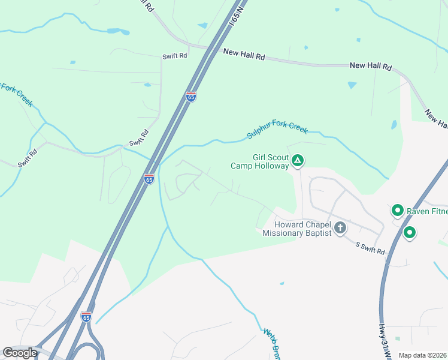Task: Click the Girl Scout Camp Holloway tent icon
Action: pos(298,160)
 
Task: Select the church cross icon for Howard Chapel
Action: pos(340,227)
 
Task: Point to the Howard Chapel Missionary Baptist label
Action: pos(297,229)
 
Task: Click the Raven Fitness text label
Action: pos(426,211)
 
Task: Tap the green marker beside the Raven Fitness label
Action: pos(396,211)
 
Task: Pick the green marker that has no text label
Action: pos(410,232)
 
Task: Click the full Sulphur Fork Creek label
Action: pos(277,131)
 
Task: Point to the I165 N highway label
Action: pos(238,16)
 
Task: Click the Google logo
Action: pos(20,353)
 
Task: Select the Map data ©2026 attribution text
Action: pos(423,355)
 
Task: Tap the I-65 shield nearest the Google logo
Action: pos(87,316)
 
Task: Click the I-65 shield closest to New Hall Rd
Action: pos(190,97)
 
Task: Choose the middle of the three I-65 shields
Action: pos(149,179)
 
